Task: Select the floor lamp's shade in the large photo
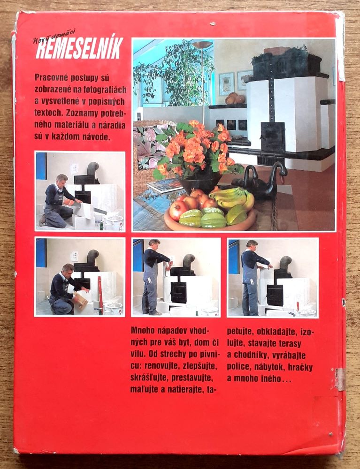202,45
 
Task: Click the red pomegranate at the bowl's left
179,211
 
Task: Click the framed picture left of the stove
227,84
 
